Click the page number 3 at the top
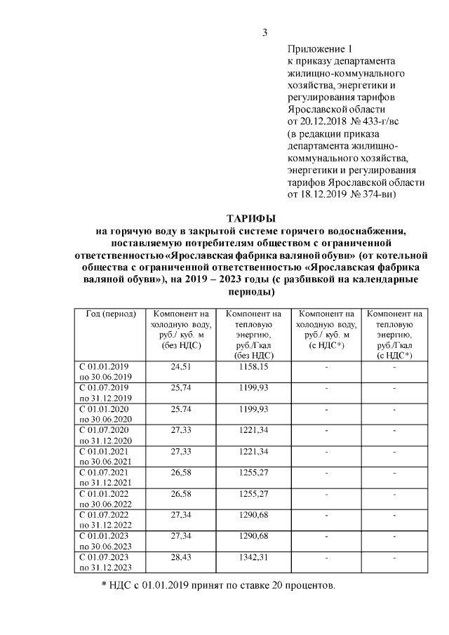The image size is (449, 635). [x=265, y=32]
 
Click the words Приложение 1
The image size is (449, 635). [x=319, y=49]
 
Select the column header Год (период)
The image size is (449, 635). [x=110, y=314]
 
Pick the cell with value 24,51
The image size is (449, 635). [x=181, y=367]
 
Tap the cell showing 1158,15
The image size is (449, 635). [x=253, y=367]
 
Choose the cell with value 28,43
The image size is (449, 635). [x=181, y=557]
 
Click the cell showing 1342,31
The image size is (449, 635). [x=253, y=557]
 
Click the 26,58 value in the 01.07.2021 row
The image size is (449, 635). [x=181, y=473]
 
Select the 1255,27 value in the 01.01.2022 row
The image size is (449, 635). [x=253, y=494]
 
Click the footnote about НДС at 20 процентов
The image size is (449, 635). [x=218, y=585]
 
